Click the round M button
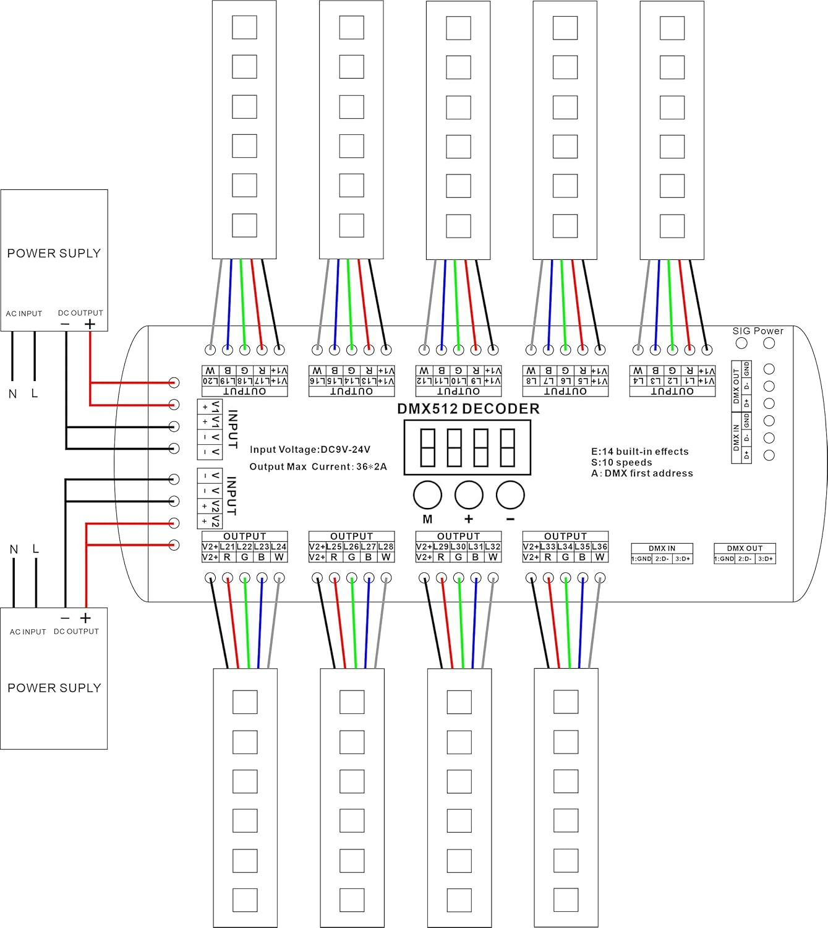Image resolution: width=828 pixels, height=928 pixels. pos(427,496)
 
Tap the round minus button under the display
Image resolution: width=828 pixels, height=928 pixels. pos(510,496)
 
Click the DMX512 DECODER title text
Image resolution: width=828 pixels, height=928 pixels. pos(468,409)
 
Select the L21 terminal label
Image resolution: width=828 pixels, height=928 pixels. pos(228,547)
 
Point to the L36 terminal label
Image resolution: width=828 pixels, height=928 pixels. pos(599,547)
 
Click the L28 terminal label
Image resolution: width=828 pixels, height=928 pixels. pos(386,547)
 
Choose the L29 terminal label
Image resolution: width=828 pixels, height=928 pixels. pos(441,547)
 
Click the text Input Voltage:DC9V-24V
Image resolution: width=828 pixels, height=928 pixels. pos(310,450)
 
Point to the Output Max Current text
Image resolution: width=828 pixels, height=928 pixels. pos(318,466)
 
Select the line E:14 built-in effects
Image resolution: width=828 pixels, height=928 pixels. pos(639,452)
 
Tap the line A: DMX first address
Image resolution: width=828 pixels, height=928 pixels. pos(642,473)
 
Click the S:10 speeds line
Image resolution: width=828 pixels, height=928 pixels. pos(621,463)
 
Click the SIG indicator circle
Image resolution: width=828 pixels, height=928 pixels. pos(742,343)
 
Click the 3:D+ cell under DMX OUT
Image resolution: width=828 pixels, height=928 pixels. pos(765,559)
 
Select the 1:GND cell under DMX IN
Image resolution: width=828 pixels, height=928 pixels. pos(641,559)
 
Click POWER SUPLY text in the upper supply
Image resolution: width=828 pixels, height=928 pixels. pos(54,253)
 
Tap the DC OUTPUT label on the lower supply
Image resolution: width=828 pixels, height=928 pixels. pos(76,632)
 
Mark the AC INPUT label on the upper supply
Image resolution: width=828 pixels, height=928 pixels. pos(24,314)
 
